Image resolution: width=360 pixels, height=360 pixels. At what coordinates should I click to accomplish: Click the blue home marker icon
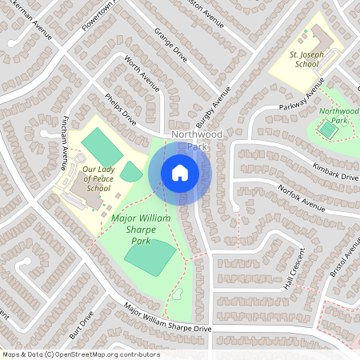pyautogui.click(x=179, y=172)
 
